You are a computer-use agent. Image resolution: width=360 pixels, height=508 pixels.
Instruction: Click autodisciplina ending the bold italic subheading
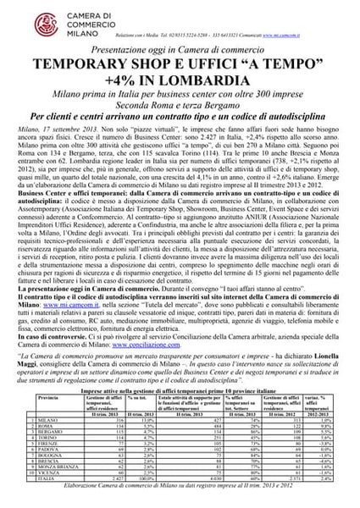[292, 130]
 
